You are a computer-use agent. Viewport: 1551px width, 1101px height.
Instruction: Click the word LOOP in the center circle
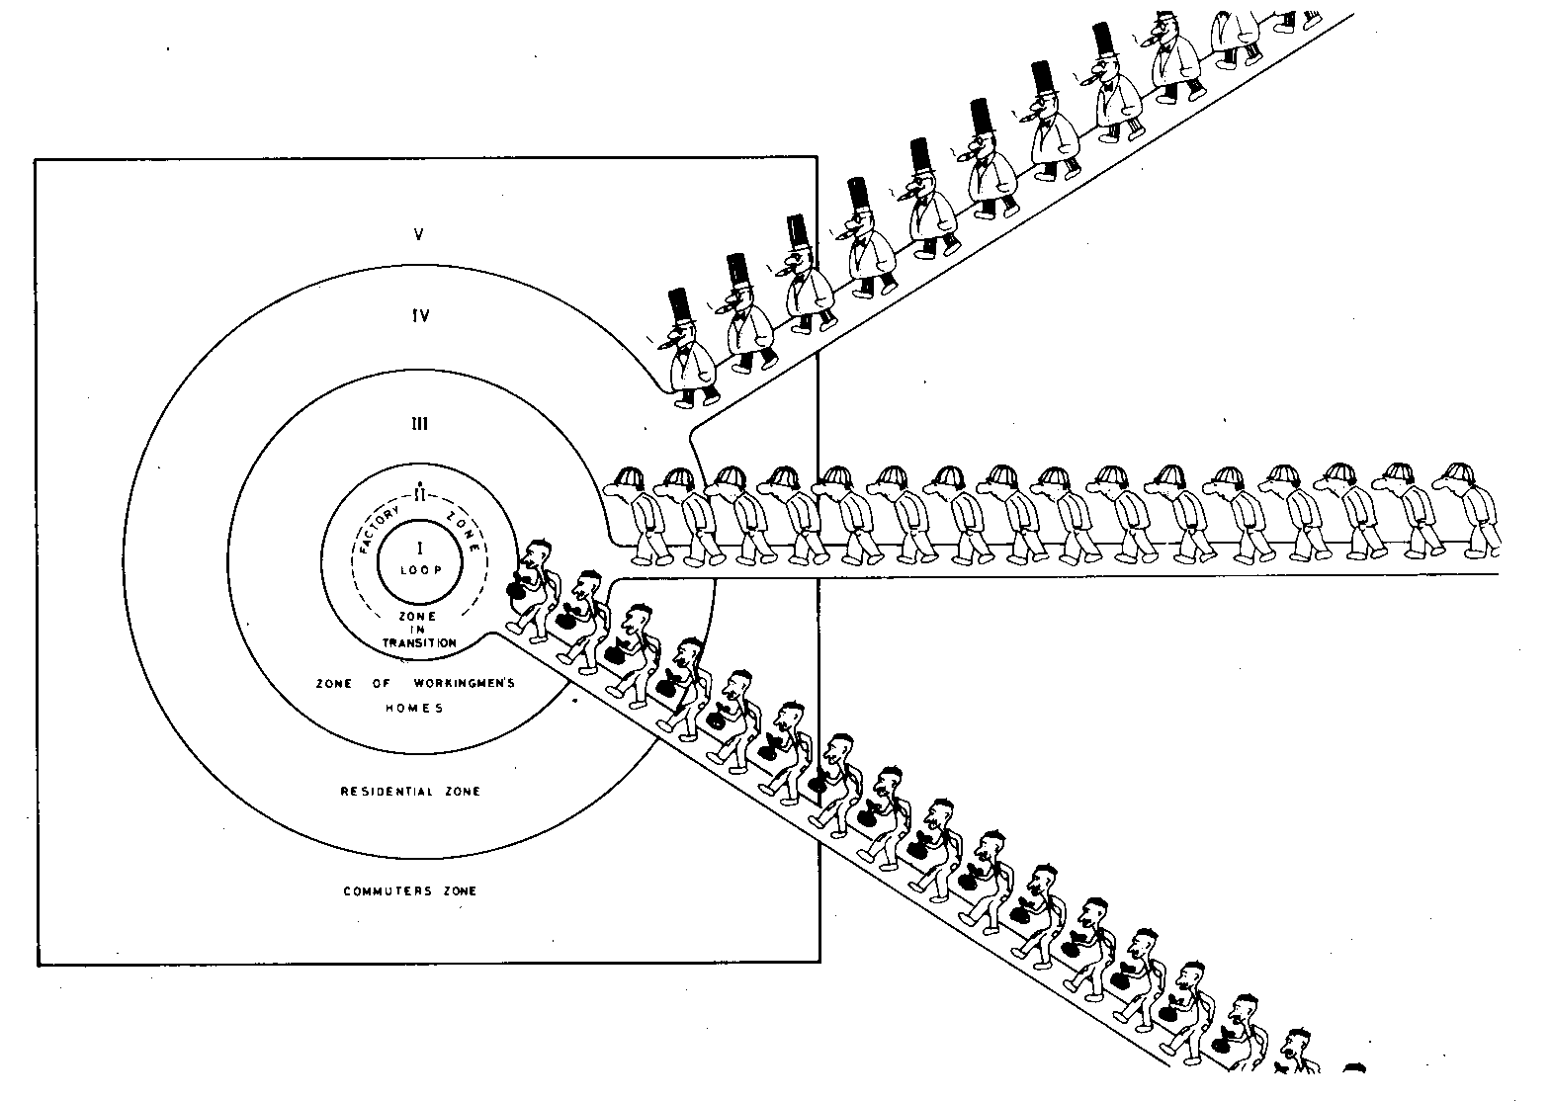click(x=420, y=570)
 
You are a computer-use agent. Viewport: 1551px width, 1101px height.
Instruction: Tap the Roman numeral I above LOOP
click(x=420, y=549)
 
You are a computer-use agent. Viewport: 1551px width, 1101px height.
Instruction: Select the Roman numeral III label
click(x=419, y=424)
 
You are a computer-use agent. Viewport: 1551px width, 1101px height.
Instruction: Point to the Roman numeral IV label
click(x=419, y=316)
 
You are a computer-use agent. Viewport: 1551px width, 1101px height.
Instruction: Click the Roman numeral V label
click(x=419, y=235)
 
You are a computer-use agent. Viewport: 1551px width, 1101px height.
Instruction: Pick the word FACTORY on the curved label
click(x=380, y=529)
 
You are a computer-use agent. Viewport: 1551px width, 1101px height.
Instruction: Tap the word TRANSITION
click(x=420, y=642)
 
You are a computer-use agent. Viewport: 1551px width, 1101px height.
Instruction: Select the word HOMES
click(x=414, y=709)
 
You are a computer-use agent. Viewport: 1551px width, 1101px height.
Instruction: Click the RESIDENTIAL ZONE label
click(x=410, y=792)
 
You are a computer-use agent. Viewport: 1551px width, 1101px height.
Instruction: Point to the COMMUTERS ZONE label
click(x=410, y=891)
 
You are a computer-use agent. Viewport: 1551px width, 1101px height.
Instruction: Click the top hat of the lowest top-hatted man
click(x=679, y=308)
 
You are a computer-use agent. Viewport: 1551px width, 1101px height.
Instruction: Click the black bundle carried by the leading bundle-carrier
click(x=517, y=591)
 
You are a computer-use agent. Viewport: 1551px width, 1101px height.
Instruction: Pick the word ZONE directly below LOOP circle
click(x=418, y=617)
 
